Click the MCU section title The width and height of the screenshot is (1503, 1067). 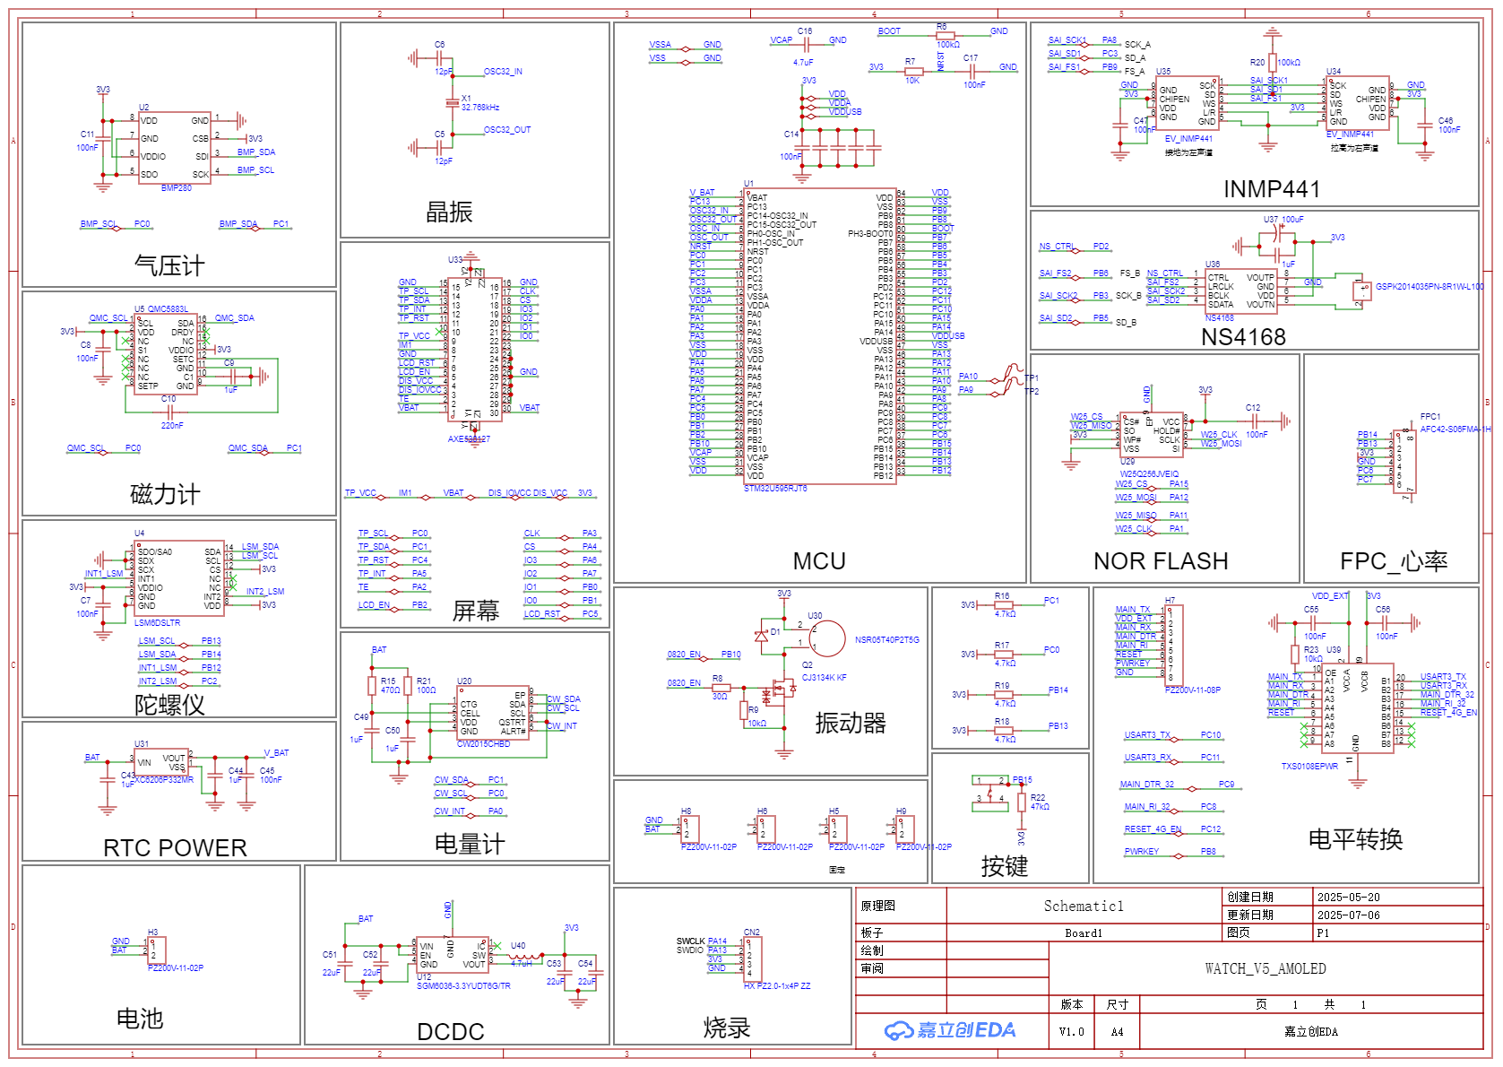(x=819, y=561)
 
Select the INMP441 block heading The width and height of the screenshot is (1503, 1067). (x=1271, y=189)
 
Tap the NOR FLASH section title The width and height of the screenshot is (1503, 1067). (x=1161, y=561)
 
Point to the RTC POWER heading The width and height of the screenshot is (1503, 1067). (x=175, y=848)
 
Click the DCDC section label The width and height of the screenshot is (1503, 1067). (x=451, y=1032)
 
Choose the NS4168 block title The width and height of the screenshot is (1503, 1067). (x=1243, y=337)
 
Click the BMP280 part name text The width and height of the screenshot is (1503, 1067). (x=177, y=188)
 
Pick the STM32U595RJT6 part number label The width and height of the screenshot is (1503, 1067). (x=775, y=489)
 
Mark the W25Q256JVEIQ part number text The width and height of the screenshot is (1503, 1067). (x=1149, y=474)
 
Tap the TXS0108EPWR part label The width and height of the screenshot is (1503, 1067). (x=1309, y=767)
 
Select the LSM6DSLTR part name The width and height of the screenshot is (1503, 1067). (x=157, y=622)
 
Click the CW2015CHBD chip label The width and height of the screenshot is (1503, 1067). (x=483, y=744)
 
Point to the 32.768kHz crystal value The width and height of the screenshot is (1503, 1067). (x=480, y=108)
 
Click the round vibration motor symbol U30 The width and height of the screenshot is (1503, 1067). (x=827, y=638)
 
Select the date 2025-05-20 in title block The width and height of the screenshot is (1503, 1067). (x=1348, y=898)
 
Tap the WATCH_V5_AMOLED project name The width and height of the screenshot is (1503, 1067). (x=1265, y=969)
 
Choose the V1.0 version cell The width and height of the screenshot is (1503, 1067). (x=1071, y=1032)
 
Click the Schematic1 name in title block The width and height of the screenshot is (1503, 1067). (x=1083, y=907)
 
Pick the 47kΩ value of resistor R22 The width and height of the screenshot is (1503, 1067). (x=1040, y=807)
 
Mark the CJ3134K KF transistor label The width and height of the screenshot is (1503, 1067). (x=824, y=678)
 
